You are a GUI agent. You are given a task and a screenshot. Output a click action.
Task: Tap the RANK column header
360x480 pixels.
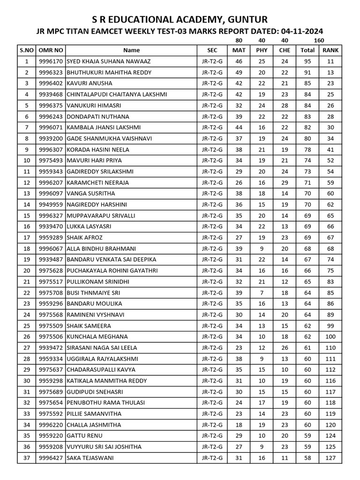click(331, 50)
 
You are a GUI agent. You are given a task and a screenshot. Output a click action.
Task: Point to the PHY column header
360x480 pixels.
click(262, 50)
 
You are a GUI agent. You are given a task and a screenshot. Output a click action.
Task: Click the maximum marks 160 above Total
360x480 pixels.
click(319, 41)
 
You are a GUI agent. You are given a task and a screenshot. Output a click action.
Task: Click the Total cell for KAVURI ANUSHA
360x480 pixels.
click(307, 83)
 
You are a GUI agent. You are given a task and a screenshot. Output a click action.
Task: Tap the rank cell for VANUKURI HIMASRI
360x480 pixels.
click(331, 105)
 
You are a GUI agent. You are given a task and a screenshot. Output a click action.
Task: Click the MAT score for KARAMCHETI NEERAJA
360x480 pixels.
click(239, 183)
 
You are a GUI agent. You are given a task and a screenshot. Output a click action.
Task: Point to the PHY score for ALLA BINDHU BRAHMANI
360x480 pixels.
click(262, 248)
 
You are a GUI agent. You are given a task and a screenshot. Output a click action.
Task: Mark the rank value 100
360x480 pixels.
click(331, 337)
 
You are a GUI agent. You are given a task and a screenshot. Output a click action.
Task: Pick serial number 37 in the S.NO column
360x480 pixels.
click(27, 458)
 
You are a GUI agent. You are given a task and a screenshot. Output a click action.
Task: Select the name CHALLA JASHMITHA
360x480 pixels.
click(94, 425)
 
